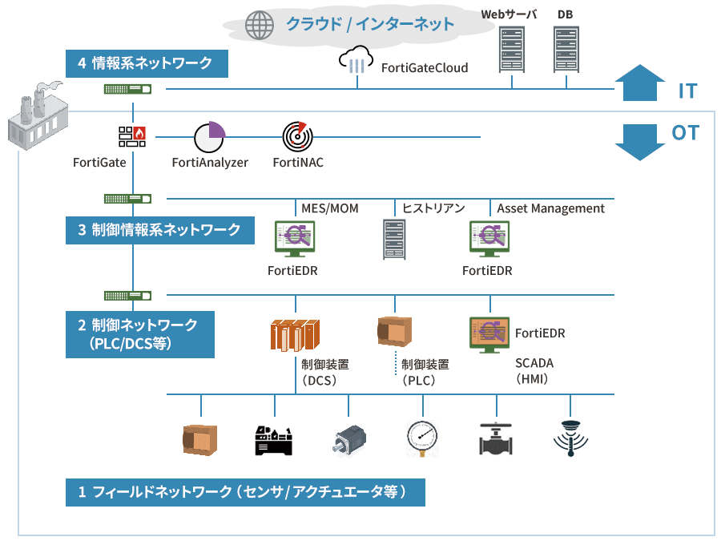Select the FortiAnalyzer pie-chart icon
click(x=210, y=137)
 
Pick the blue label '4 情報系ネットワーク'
click(x=147, y=64)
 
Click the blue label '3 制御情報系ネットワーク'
click(x=160, y=230)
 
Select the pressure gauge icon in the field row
click(x=422, y=438)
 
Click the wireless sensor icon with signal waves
click(x=570, y=438)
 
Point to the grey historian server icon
click(x=394, y=240)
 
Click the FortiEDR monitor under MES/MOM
click(x=294, y=240)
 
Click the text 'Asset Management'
click(x=550, y=208)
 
